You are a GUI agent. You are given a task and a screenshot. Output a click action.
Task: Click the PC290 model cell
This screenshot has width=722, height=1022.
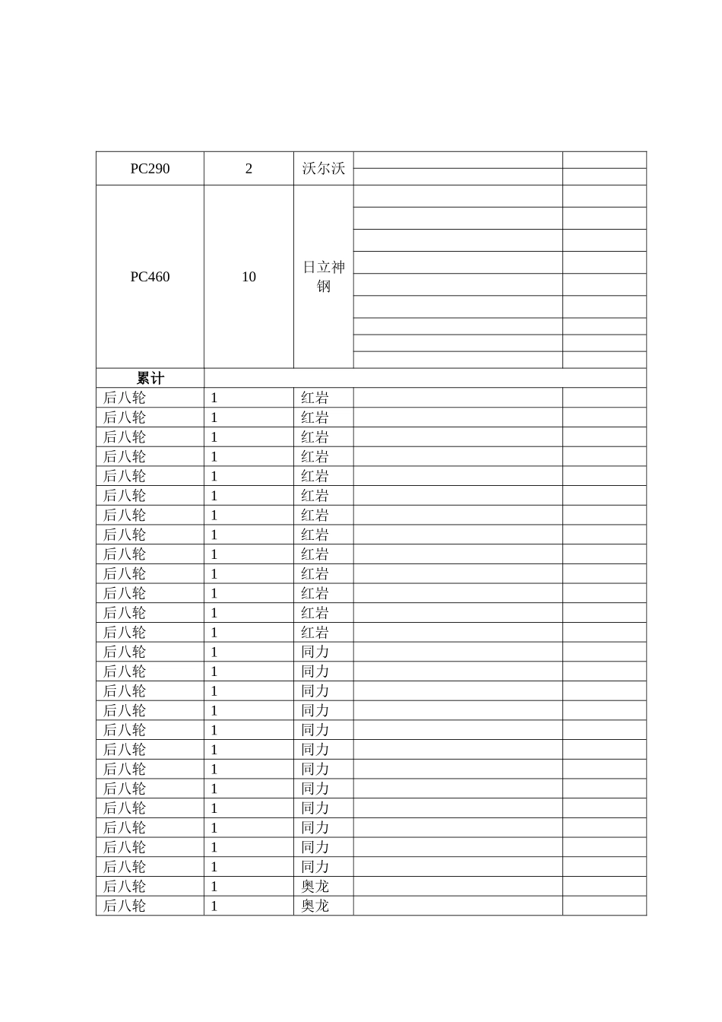click(150, 169)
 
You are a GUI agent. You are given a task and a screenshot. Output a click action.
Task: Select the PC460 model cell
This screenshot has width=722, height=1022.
click(150, 277)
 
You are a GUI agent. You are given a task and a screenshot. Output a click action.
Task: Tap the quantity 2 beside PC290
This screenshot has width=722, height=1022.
click(249, 169)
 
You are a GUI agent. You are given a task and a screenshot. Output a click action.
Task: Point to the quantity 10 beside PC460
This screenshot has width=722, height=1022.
click(249, 277)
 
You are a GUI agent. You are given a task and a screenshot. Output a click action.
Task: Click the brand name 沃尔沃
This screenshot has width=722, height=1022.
click(323, 169)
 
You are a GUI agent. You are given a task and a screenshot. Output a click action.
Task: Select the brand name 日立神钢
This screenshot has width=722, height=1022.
click(323, 277)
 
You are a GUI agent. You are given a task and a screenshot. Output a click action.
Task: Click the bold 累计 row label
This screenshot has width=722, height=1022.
click(150, 379)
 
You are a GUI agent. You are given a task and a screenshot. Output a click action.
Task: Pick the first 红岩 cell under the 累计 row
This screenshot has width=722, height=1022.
click(315, 398)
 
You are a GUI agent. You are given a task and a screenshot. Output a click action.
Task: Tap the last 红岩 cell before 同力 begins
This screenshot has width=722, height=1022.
click(315, 633)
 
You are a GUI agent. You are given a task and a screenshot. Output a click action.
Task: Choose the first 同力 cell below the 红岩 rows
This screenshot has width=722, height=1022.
click(315, 652)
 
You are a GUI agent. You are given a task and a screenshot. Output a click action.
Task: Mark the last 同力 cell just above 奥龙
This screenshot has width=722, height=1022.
click(315, 867)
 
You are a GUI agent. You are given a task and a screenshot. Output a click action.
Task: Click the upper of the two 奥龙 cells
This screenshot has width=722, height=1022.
click(315, 887)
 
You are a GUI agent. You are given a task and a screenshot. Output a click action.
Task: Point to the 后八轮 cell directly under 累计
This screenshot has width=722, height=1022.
click(124, 398)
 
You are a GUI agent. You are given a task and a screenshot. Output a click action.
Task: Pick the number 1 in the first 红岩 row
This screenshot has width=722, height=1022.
click(214, 398)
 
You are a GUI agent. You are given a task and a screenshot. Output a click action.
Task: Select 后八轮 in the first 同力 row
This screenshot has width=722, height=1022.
click(124, 652)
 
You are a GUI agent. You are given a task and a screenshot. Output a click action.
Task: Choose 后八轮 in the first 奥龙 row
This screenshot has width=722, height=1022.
click(124, 887)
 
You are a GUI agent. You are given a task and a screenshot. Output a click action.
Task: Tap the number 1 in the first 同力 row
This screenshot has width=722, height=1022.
click(214, 652)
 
